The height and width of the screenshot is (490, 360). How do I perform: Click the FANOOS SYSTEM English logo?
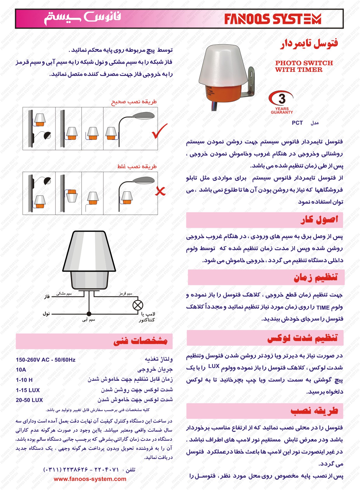pyautogui.click(x=272, y=19)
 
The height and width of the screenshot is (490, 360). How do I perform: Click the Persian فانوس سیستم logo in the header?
pyautogui.click(x=83, y=18)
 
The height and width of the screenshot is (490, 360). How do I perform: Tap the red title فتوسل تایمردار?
pyautogui.click(x=309, y=44)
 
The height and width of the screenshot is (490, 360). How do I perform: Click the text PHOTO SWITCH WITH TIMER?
pyautogui.click(x=304, y=66)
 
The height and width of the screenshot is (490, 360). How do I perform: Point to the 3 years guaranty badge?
pyautogui.click(x=281, y=102)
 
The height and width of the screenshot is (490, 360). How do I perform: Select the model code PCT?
pyautogui.click(x=297, y=123)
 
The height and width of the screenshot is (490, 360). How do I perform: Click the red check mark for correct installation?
pyautogui.click(x=160, y=131)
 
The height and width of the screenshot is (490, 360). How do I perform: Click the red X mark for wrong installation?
pyautogui.click(x=160, y=191)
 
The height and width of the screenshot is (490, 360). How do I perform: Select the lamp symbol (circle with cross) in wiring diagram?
pyautogui.click(x=138, y=305)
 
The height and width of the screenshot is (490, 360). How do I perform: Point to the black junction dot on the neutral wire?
pyautogui.click(x=89, y=314)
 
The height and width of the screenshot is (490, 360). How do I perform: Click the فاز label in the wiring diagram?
pyautogui.click(x=47, y=297)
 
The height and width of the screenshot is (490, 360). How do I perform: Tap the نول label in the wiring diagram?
pyautogui.click(x=46, y=314)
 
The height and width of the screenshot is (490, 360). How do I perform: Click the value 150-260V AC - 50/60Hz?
pyautogui.click(x=46, y=360)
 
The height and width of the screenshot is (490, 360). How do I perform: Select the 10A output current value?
pyautogui.click(x=21, y=370)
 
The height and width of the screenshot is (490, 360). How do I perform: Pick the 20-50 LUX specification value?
pyautogui.click(x=29, y=400)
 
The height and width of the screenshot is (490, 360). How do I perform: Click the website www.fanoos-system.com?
pyautogui.click(x=90, y=479)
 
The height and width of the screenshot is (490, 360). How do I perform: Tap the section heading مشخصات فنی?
pyautogui.click(x=140, y=341)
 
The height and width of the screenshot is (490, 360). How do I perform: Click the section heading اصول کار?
pyautogui.click(x=319, y=220)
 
